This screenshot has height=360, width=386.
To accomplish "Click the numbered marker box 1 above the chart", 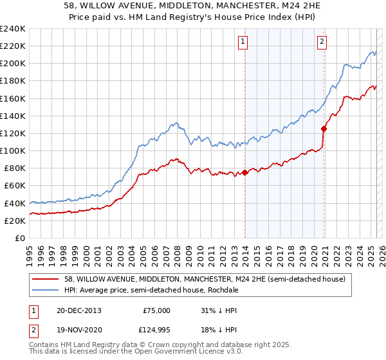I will coord(243,42).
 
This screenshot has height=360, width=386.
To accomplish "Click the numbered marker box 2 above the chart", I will coord(322,42).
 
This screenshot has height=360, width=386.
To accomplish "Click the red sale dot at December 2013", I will coord(245,172).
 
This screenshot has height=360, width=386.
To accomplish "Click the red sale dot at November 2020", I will coord(324,129).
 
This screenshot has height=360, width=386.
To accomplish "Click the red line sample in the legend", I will coord(46,279).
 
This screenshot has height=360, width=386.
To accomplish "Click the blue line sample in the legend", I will coord(46,291).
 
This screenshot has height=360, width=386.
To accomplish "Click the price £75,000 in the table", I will coord(156,310).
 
